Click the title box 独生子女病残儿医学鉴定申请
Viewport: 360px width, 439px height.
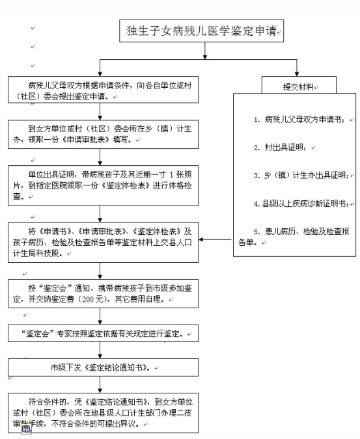pos(201,31)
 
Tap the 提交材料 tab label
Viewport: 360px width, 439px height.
pos(298,86)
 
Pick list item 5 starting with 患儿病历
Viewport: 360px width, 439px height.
pos(294,237)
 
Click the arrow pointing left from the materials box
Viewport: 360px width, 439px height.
pos(215,239)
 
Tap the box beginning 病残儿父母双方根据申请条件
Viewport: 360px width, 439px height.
pos(103,90)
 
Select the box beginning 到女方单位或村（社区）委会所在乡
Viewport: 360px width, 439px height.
pos(103,134)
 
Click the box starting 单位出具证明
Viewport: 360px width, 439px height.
pos(103,185)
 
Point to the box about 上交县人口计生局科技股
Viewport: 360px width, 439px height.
pos(103,242)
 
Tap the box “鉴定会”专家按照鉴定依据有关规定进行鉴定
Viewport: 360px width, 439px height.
pos(103,333)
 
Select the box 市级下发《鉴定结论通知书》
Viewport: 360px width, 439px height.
pos(103,367)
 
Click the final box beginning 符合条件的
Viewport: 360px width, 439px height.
pos(103,413)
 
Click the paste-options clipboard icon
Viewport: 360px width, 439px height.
pos(26,429)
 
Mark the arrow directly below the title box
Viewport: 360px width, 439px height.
pos(205,51)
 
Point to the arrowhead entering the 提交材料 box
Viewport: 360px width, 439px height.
pos(297,74)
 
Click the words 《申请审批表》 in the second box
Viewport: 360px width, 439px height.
pos(85,139)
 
